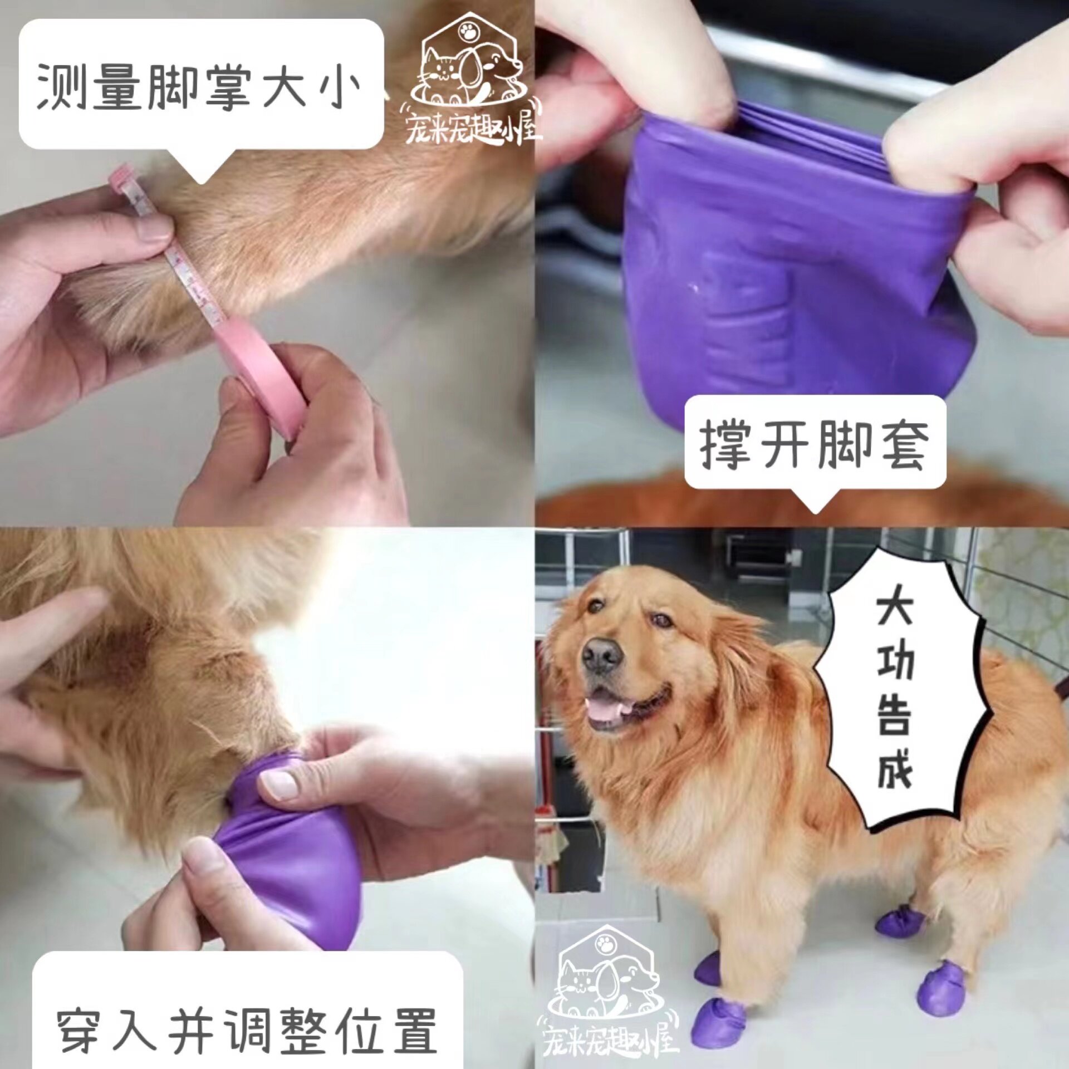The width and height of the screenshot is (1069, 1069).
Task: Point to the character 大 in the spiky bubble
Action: [895, 610]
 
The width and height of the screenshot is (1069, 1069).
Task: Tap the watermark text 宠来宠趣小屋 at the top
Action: [470, 129]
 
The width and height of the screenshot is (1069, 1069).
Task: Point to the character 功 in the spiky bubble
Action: [895, 663]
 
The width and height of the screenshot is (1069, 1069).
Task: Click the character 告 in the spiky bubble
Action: [895, 715]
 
